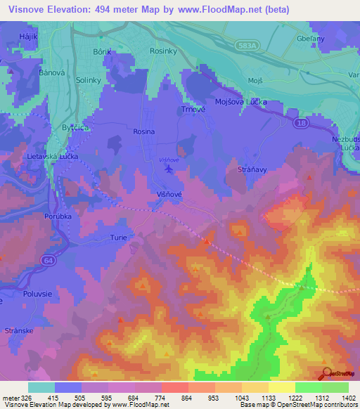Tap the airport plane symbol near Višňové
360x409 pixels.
(168, 169)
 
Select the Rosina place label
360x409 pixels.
(143, 131)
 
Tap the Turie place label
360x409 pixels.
(118, 238)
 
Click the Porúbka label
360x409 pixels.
(58, 216)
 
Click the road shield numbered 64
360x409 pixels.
(47, 261)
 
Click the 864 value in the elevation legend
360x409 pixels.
(186, 398)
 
